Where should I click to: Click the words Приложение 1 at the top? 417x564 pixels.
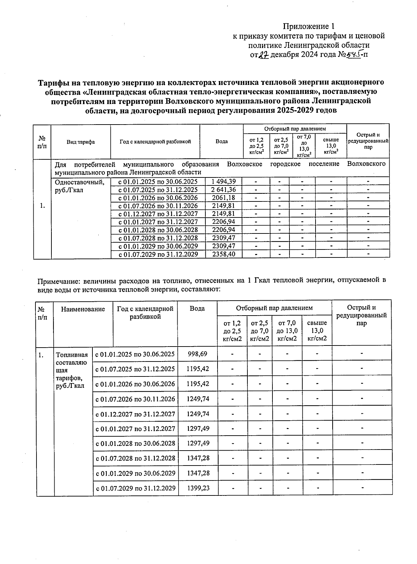coord(309,26)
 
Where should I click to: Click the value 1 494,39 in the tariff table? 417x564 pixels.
coord(221,181)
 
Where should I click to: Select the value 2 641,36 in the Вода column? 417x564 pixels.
coord(221,190)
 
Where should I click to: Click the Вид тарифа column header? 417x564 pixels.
coord(81,142)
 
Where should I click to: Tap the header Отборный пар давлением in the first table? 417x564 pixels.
coord(295,129)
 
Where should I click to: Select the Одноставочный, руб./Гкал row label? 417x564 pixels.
coord(80,186)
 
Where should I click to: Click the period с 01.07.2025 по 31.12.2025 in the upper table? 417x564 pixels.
coord(158,190)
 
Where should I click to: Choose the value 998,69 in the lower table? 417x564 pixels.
coord(197,354)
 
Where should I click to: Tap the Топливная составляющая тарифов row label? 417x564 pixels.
coord(72,370)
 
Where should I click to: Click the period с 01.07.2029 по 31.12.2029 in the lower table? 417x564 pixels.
coord(136,488)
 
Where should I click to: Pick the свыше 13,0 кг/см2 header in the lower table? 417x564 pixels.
coord(317,331)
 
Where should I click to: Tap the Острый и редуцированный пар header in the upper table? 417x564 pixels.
coord(368,141)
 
